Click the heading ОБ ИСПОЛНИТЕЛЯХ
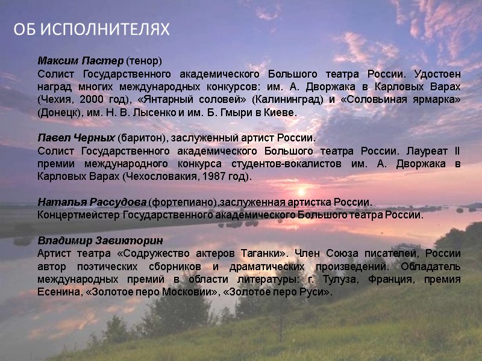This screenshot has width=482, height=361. point(92,29)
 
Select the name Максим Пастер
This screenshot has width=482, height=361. point(81,61)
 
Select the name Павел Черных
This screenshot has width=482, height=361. point(76,138)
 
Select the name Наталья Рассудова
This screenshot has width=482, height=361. point(92,202)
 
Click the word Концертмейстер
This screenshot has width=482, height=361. point(79,214)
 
